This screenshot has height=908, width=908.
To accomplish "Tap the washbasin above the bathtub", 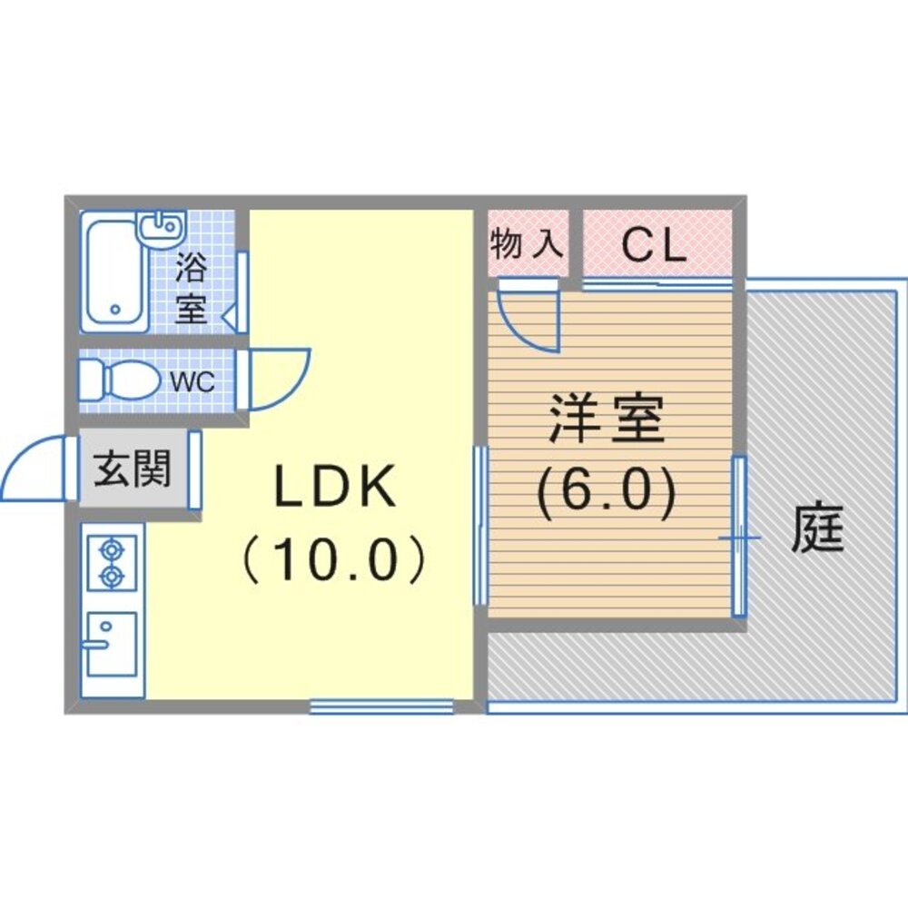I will click(160, 227).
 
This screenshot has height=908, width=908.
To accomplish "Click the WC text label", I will click(192, 382).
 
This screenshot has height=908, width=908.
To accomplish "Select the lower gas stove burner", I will click(112, 576).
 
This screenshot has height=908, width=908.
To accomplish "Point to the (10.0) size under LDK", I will click(336, 561).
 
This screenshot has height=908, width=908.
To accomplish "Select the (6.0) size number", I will click(607, 494).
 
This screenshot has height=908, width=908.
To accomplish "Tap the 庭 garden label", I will click(817, 530).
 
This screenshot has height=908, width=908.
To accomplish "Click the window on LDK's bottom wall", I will click(381, 706).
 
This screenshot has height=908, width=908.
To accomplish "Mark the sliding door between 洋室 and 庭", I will click(739, 536).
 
